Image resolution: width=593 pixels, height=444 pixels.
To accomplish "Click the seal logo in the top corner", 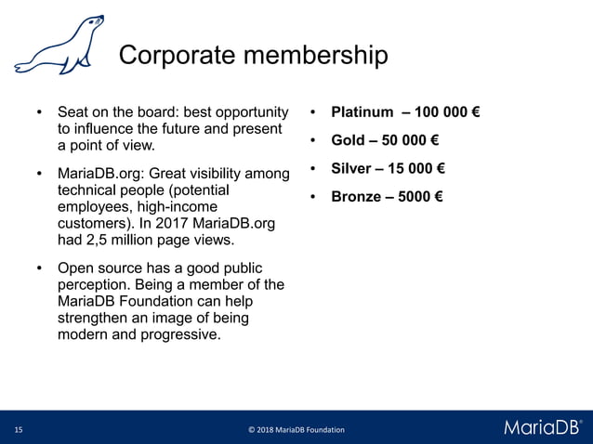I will pos(57,46).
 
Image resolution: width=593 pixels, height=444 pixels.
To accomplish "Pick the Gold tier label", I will pos(348,141).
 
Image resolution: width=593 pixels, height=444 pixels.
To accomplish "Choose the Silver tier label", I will pos(351,169).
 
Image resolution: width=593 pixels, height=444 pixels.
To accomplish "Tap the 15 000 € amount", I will pos(415,169).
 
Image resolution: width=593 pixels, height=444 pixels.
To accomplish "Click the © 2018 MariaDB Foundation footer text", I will pos(296,430).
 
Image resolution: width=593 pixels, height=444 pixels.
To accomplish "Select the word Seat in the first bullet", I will pos(73,113).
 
